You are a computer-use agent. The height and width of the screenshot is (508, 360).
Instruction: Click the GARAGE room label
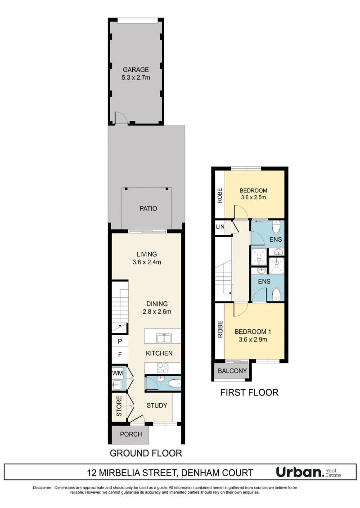pyautogui.click(x=136, y=69)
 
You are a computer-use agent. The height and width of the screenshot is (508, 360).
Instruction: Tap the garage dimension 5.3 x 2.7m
pyautogui.click(x=136, y=77)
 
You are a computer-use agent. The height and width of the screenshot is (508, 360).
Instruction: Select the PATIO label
pyautogui.click(x=148, y=208)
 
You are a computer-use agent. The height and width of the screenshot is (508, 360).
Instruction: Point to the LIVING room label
pyautogui.click(x=146, y=254)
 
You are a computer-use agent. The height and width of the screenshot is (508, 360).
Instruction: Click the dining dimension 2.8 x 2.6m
pyautogui.click(x=157, y=312)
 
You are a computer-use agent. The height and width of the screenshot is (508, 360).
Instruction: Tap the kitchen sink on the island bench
pyautogui.click(x=164, y=338)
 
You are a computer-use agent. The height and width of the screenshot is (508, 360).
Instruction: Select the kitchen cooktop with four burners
pyautogui.click(x=162, y=368)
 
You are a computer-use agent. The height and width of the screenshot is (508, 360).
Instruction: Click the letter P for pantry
pyautogui.click(x=120, y=341)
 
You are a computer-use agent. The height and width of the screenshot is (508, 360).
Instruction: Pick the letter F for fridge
pyautogui.click(x=120, y=355)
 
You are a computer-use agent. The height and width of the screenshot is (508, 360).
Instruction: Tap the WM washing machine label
pyautogui.click(x=117, y=373)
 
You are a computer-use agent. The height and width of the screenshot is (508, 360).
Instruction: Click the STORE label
pyautogui.click(x=119, y=406)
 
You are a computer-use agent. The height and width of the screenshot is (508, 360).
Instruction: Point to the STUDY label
pyautogui.click(x=157, y=405)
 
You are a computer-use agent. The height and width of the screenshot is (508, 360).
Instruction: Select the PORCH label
pyautogui.click(x=131, y=434)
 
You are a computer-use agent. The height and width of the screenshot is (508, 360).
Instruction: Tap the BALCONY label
pyautogui.click(x=232, y=371)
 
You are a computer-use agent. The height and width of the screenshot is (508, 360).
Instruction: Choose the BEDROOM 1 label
pyautogui.click(x=253, y=332)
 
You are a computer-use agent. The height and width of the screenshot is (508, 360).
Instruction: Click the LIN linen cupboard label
pyautogui.click(x=220, y=226)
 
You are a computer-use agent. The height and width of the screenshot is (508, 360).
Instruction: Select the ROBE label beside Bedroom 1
pyautogui.click(x=220, y=329)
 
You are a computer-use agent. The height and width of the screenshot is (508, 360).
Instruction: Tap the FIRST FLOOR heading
pyautogui.click(x=249, y=392)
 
